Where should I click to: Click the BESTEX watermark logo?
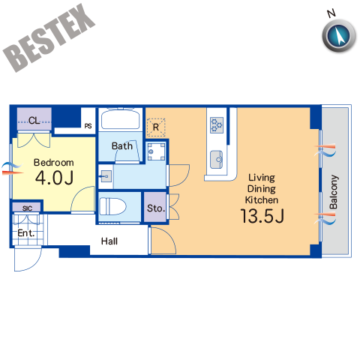49,37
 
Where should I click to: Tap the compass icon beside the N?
339,35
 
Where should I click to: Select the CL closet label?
34,121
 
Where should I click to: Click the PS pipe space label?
88,126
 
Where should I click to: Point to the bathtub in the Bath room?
121,118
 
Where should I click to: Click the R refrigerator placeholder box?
156,127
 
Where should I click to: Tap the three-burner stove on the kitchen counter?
217,125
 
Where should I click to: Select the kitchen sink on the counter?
217,160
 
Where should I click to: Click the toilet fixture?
112,206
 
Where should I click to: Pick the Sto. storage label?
156,208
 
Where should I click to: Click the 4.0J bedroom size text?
54,178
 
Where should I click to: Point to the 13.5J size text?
262,216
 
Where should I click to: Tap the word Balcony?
334,192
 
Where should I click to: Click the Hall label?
109,241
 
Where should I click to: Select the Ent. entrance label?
25,233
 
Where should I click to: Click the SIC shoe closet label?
27,208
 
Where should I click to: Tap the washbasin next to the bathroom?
106,176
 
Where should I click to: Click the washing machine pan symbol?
156,151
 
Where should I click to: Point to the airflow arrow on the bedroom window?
13,169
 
